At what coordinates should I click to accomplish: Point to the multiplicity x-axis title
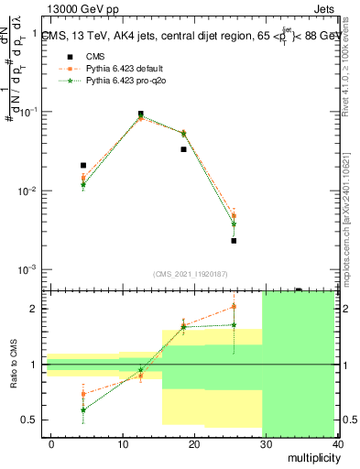coord(311,458)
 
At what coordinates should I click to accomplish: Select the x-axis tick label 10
coord(123,443)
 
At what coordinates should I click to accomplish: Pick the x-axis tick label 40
coord(336,443)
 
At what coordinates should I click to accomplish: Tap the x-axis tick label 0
coord(51,443)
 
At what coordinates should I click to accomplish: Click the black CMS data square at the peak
coord(140,115)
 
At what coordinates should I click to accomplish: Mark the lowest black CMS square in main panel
coord(234,241)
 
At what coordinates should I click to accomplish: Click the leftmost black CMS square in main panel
coord(83,166)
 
